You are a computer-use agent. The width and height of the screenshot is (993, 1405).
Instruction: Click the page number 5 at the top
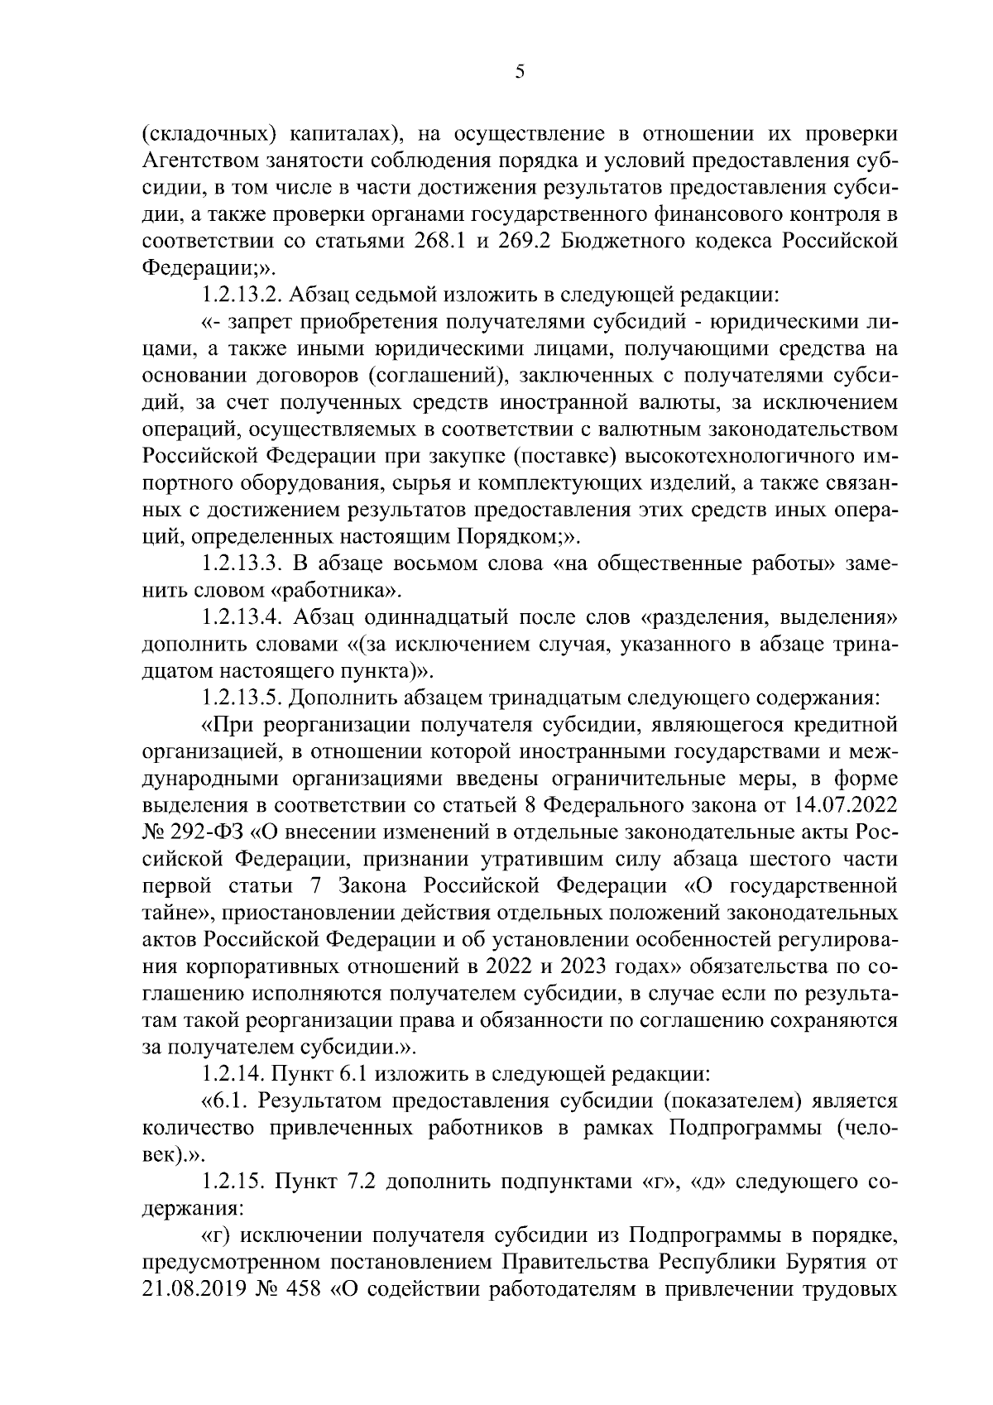(519, 72)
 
